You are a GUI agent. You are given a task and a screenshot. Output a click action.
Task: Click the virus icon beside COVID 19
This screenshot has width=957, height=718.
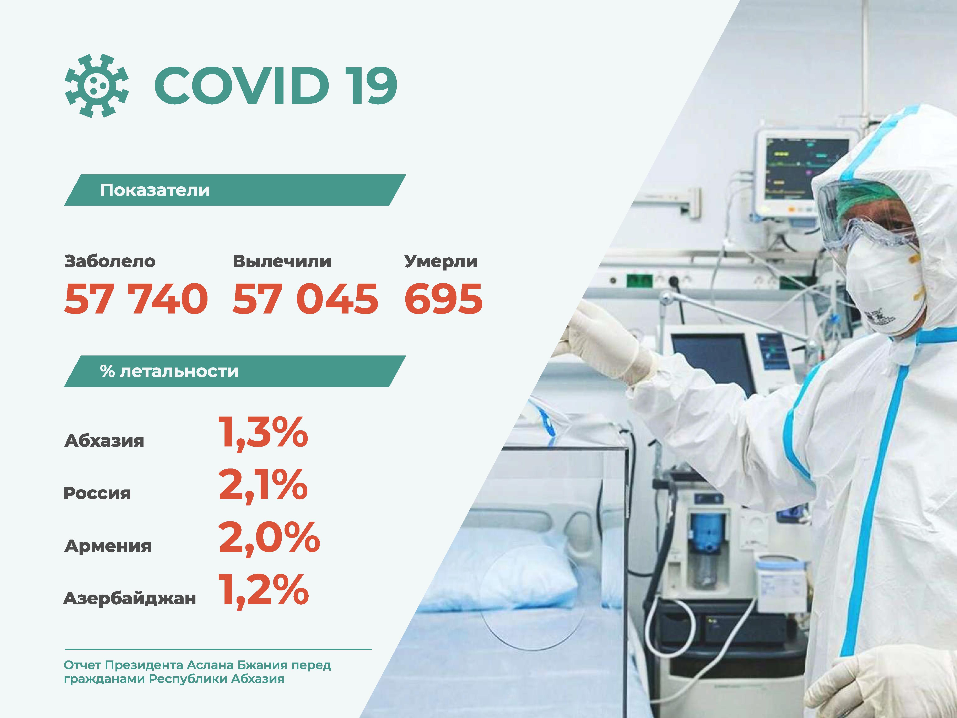coord(97,86)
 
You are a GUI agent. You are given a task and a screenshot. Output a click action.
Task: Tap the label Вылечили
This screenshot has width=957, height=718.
coord(282,261)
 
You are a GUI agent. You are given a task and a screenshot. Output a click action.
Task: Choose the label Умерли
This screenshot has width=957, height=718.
coord(441,261)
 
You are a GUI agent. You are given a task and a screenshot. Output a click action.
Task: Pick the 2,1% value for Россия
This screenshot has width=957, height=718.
coord(263,486)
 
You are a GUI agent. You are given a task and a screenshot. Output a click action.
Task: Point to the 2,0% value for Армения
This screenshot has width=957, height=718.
coord(269,538)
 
